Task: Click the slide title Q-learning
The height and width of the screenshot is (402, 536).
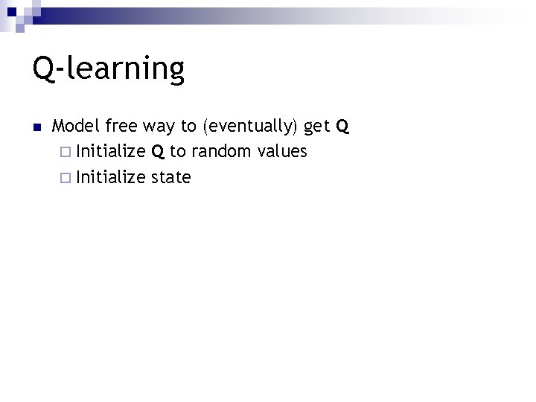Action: coord(108,69)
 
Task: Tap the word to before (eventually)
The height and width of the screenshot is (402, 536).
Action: coord(188,127)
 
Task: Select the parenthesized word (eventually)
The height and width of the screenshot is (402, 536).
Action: coord(249,127)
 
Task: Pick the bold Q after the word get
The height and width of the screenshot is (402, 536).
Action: coord(342,127)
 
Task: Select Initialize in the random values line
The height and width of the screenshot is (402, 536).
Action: coord(111,152)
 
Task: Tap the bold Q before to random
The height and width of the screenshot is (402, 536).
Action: coord(158,153)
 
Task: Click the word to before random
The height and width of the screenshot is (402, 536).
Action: coord(178,153)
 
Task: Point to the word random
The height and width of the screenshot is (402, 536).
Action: coord(221,152)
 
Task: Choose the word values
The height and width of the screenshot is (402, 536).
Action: coord(281,152)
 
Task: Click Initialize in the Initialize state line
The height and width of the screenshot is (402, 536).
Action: coord(111,177)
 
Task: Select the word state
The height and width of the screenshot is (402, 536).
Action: coord(171,178)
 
